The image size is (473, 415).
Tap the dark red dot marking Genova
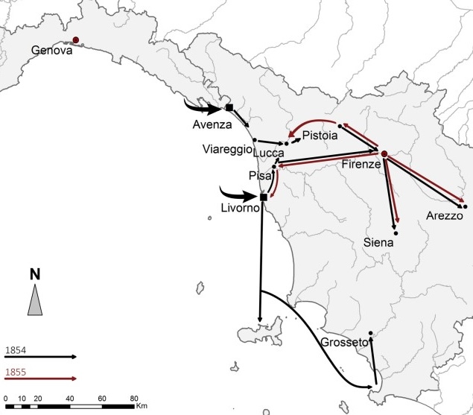[x=76, y=42]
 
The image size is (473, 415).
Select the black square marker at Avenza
[x=229, y=108]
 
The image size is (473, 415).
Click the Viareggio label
[x=226, y=149]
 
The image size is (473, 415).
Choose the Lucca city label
[x=268, y=153]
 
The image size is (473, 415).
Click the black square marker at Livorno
[x=263, y=197]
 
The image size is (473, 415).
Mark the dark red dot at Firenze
[x=384, y=154]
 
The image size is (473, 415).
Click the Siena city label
[x=379, y=242]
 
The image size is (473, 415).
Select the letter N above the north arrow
[x=35, y=273]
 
